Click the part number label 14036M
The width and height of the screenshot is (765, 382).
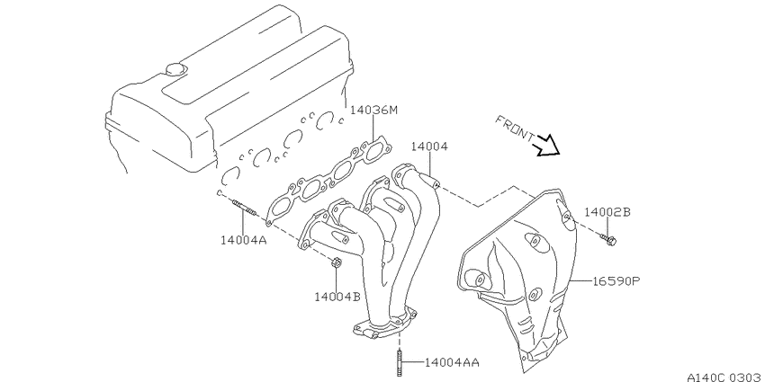[x=374, y=111]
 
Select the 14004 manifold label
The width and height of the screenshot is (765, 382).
[x=429, y=147]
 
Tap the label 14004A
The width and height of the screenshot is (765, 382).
[x=244, y=240]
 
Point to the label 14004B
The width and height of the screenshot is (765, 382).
[x=337, y=297]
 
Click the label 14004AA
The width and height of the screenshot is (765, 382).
[x=452, y=362]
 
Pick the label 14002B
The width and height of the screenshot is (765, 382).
[x=607, y=212]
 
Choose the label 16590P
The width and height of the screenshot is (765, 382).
[x=616, y=281]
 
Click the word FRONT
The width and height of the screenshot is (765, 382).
[x=515, y=129]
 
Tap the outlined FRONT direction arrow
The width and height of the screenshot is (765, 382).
[x=547, y=146]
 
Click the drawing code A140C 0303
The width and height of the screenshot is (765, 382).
[x=725, y=378]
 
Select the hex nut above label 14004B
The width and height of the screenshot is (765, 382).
[x=336, y=263]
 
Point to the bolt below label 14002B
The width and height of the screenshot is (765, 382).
[x=607, y=239]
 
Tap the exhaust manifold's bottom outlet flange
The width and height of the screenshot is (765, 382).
[x=385, y=325]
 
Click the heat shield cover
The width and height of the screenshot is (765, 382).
[x=517, y=275]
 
